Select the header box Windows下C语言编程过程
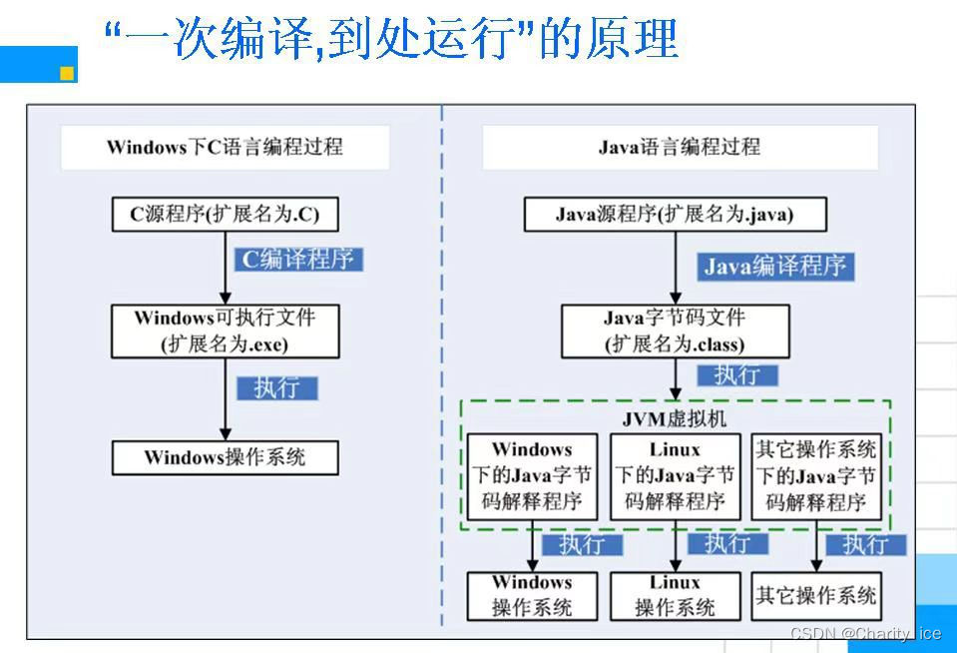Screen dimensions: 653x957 click(x=224, y=147)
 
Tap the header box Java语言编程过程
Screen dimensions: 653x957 click(x=680, y=147)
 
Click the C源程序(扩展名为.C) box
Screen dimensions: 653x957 click(x=225, y=214)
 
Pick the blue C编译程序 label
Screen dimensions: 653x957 click(x=297, y=260)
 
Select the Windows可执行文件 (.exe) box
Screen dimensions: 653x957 click(x=225, y=330)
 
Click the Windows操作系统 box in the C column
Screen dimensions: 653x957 click(x=225, y=457)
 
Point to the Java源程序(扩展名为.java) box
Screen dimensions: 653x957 click(x=675, y=214)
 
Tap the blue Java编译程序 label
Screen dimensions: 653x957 click(x=775, y=266)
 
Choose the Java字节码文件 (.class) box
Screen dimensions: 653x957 click(x=675, y=330)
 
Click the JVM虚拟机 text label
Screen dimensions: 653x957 click(x=674, y=419)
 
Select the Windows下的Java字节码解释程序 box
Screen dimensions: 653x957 click(x=532, y=476)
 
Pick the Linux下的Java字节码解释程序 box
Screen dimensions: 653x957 click(x=675, y=476)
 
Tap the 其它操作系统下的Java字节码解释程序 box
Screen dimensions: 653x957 click(x=816, y=476)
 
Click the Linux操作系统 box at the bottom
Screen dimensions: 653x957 click(x=675, y=595)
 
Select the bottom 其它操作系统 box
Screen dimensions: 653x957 click(x=816, y=595)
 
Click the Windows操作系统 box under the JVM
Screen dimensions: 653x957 click(x=532, y=595)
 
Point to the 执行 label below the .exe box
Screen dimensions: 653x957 click(x=276, y=387)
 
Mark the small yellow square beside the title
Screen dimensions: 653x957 click(x=67, y=72)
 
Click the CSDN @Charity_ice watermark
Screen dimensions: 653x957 click(x=865, y=634)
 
